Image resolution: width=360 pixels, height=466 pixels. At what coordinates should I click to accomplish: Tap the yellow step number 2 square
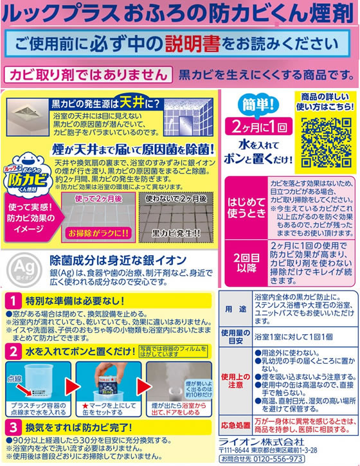(12, 350)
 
